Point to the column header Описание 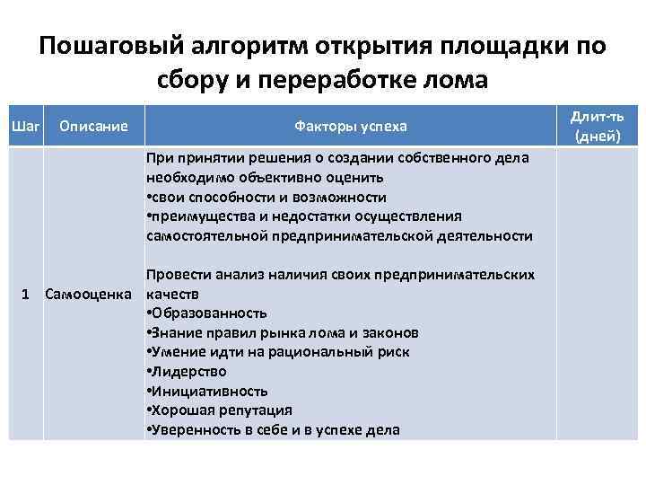coord(93,126)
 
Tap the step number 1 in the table coord(28,294)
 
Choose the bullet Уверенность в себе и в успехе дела coord(273,430)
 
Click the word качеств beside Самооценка coord(170,294)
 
